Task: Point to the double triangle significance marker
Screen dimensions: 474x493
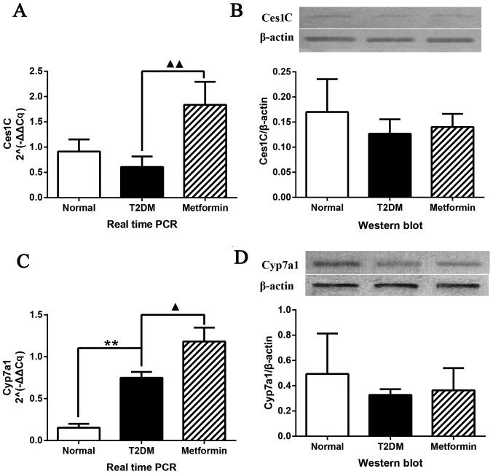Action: coord(175,64)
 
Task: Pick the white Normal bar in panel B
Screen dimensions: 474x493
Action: coord(327,155)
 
